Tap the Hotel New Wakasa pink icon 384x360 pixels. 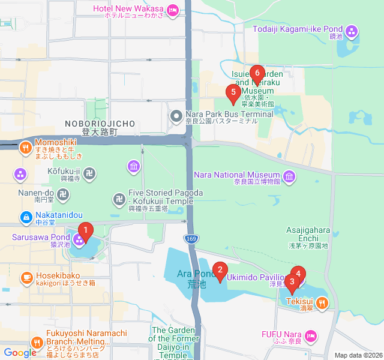pos(173,9)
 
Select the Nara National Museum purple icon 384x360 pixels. pos(290,176)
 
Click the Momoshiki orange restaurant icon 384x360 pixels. pos(25,146)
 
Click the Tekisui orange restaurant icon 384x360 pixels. pos(323,303)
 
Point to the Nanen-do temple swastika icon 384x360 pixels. pos(64,194)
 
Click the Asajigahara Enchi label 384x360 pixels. pos(308,238)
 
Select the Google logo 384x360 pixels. pos(19,353)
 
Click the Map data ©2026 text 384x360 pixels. pos(358,355)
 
